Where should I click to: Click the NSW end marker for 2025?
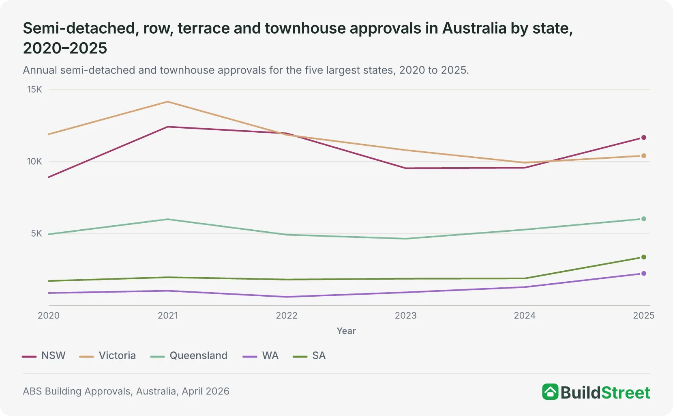643,138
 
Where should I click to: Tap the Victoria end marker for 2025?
643,155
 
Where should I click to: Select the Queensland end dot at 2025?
643,219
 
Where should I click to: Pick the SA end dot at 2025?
643,257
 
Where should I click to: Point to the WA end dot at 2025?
643,274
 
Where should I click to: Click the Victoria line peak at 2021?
168,102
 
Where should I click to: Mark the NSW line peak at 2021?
168,127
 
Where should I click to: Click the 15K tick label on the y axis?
34,89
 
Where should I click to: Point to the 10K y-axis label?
34,162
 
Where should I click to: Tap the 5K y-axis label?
36,233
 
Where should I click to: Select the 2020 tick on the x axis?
49,315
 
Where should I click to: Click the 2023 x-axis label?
405,315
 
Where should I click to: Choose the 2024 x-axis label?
525,315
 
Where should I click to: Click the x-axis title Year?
346,331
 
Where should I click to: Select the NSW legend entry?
44,356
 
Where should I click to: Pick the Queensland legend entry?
189,356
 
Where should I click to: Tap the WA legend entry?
261,356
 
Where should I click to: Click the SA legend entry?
309,356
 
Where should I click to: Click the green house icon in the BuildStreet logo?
550,392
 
